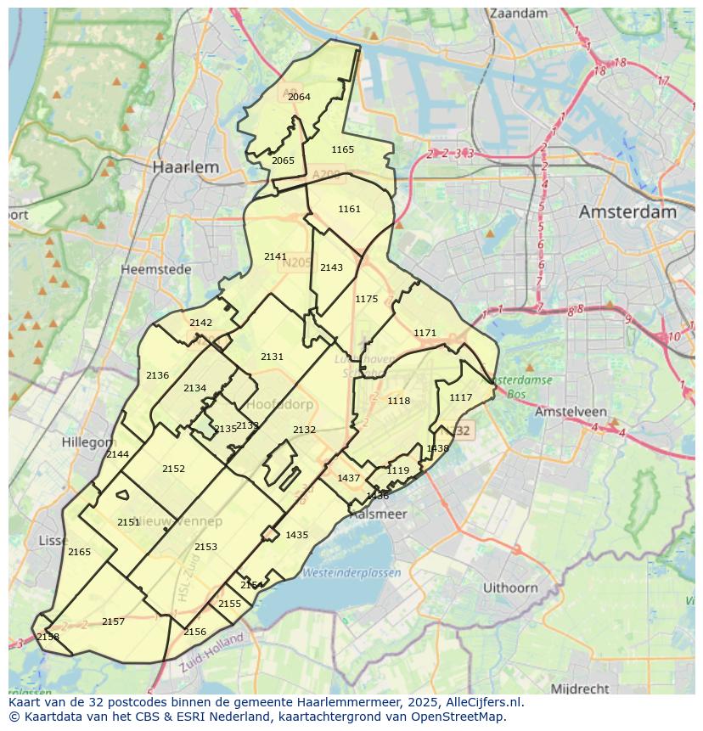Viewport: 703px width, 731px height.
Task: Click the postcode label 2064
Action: pos(299,97)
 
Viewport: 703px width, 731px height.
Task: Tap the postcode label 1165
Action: pos(343,149)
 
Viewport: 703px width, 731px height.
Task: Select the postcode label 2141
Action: pos(275,256)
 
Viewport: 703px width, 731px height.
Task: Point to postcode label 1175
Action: pos(367,299)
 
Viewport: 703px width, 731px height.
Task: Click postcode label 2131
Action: pos(273,357)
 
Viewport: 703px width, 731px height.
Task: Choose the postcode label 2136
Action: pos(157,375)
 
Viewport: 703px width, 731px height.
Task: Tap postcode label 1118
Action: pos(398,401)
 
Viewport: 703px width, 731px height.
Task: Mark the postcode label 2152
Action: pos(173,469)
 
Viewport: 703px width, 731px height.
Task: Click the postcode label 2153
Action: pos(205,547)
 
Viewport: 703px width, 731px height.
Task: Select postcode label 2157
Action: pos(113,621)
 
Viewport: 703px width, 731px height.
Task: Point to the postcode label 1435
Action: pos(297,535)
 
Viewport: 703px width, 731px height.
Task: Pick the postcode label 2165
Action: pos(79,552)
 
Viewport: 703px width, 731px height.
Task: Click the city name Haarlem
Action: pos(185,167)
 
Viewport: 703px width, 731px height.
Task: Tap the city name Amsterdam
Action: pos(627,211)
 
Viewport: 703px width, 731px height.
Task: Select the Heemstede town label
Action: pos(156,269)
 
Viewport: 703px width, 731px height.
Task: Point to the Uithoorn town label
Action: pos(510,588)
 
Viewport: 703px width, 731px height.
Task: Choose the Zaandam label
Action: pos(519,14)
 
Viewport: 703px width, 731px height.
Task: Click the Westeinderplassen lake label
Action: pos(352,572)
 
